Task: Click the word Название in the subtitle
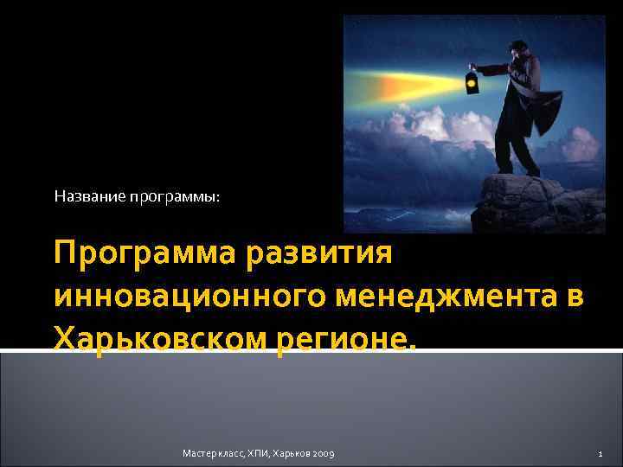[90, 197]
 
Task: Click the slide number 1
[601, 454]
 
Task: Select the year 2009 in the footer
[323, 454]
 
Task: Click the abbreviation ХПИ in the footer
[259, 454]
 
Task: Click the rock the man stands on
[536, 199]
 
